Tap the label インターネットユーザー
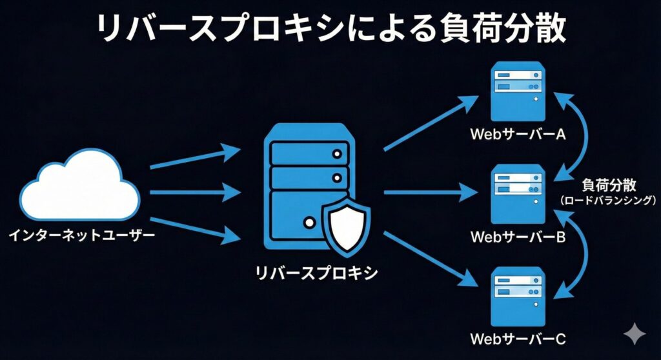pos(81,236)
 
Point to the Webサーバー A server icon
pos(518,91)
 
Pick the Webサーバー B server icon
pos(518,194)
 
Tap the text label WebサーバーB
pos(518,237)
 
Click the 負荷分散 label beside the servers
pos(609,186)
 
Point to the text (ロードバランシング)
pos(609,201)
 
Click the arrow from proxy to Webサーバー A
pos(431,123)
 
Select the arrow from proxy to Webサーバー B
pos(431,192)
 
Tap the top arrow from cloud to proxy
pos(194,159)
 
